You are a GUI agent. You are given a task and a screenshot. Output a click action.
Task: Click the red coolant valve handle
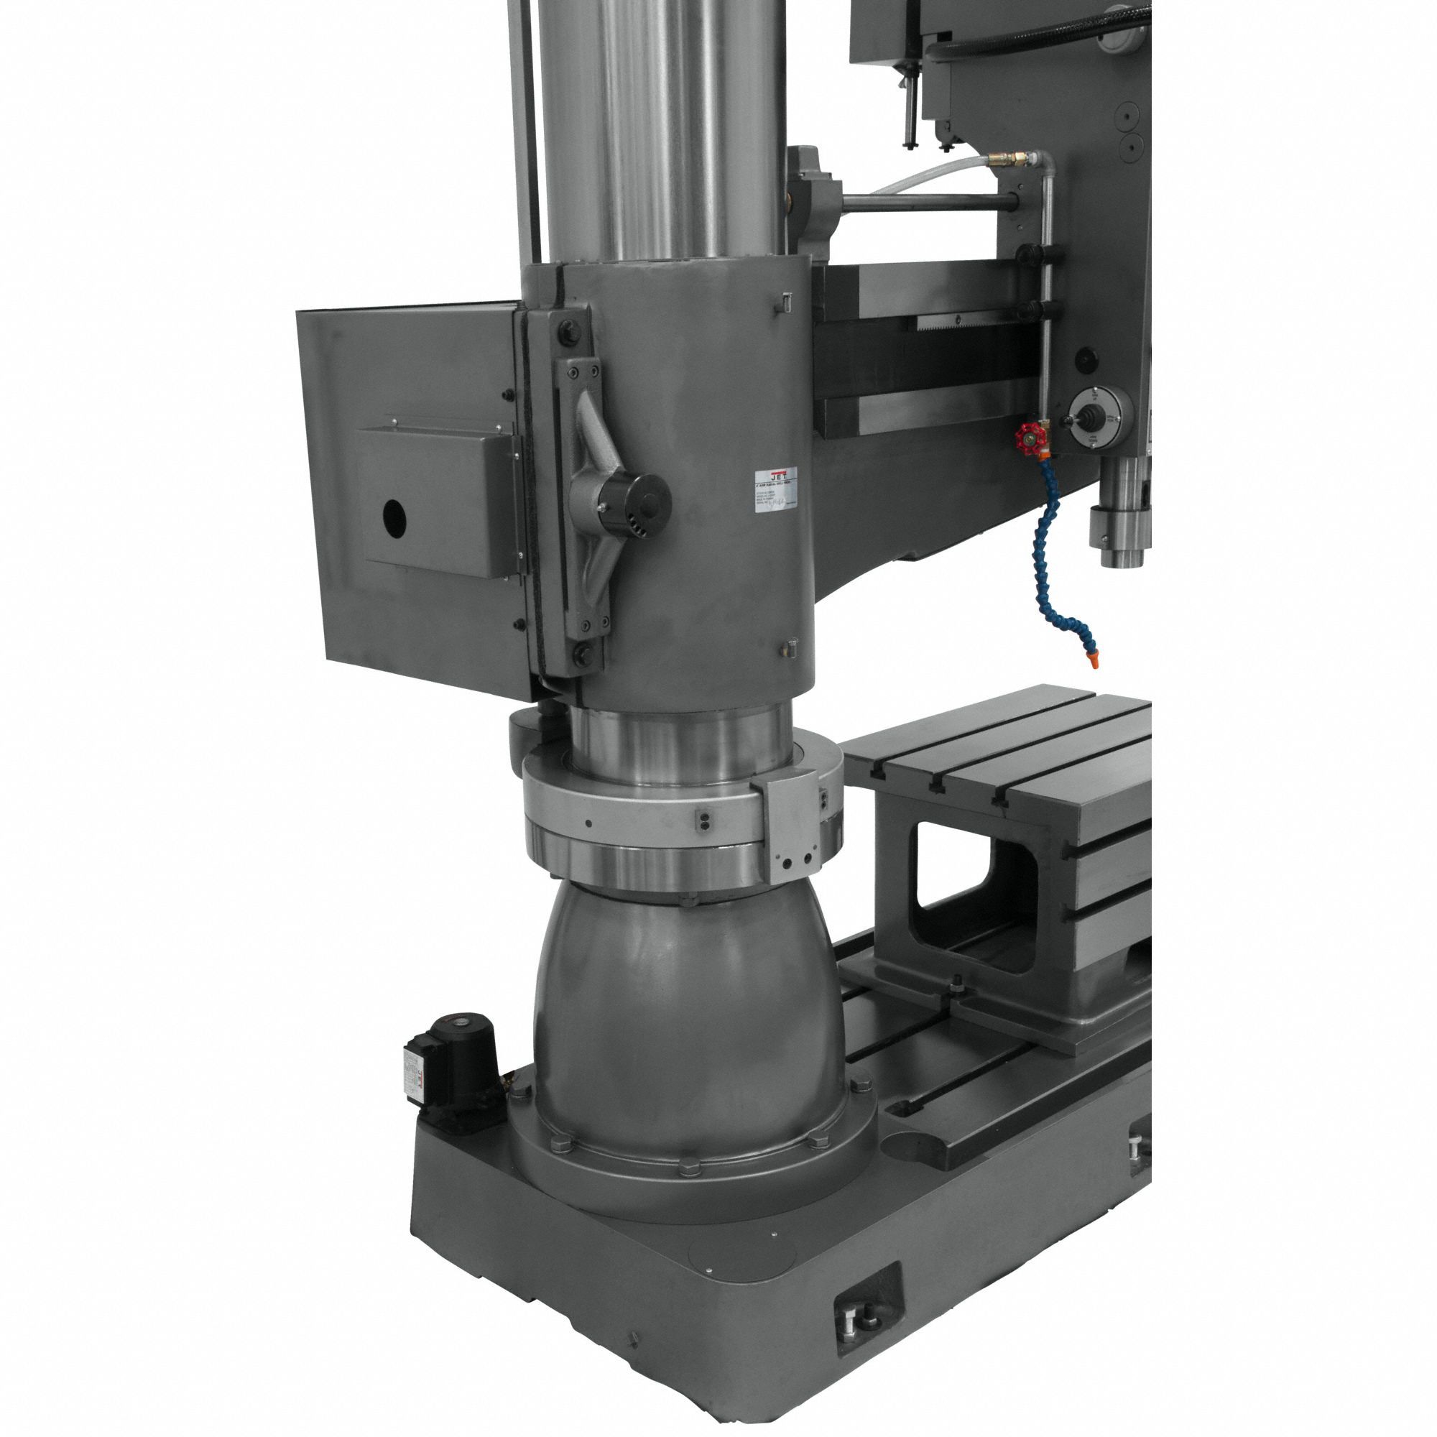pos(1029,438)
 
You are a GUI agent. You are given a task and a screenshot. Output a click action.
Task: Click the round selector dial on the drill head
pos(1099,418)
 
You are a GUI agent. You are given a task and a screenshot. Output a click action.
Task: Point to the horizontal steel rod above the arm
pos(930,202)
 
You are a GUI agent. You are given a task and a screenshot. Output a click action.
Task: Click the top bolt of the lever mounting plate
pos(568,333)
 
